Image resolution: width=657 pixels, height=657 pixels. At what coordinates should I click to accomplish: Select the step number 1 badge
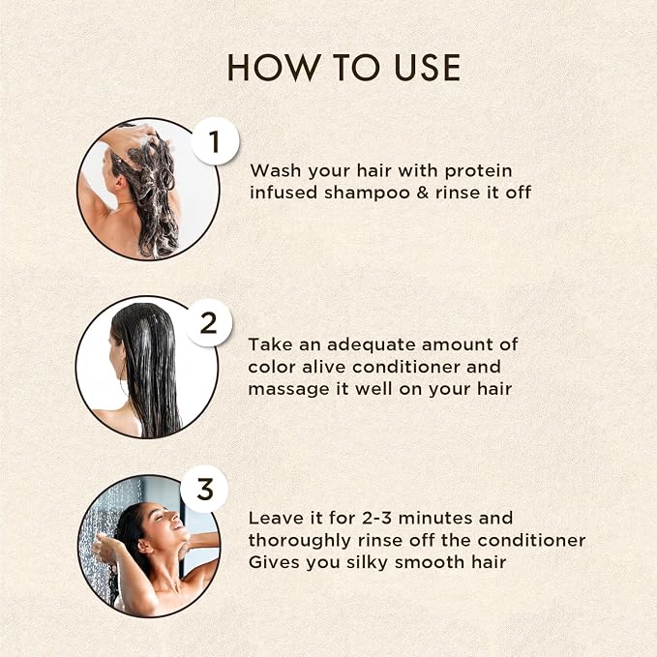[215, 141]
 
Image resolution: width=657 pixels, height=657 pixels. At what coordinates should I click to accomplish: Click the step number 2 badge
[209, 323]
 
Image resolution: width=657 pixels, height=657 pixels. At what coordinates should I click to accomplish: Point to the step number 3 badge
[204, 489]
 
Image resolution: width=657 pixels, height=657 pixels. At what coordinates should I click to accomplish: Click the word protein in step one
[478, 172]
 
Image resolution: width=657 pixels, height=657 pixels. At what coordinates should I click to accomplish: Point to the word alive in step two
[324, 367]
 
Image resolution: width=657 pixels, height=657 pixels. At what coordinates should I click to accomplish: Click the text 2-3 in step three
[376, 519]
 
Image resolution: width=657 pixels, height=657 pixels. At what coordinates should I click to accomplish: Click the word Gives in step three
[274, 562]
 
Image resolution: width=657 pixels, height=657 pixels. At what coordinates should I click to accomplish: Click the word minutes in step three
[435, 519]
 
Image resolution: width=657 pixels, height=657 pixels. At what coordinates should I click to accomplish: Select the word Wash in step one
[276, 171]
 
